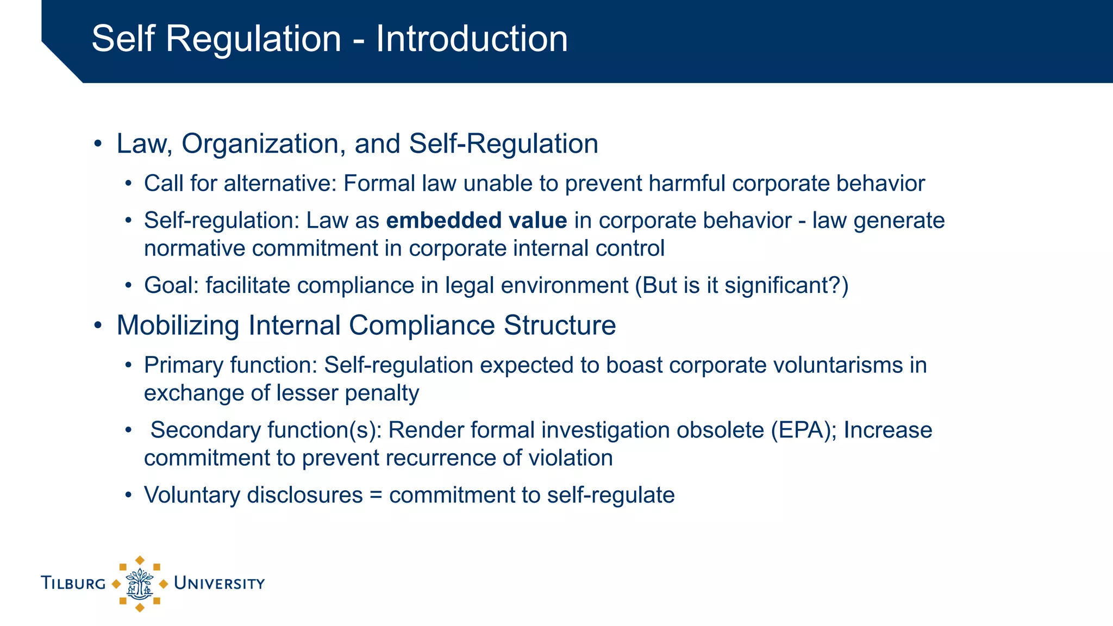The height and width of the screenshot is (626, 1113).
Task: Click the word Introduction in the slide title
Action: [x=472, y=39]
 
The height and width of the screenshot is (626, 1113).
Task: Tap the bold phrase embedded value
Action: [x=477, y=221]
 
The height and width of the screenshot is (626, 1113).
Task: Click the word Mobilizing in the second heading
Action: [x=178, y=325]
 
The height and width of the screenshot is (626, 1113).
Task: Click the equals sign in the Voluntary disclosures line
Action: [x=376, y=495]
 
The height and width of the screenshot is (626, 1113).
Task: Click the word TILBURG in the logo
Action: [x=73, y=584]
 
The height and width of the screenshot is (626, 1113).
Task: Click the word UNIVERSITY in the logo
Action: [x=219, y=584]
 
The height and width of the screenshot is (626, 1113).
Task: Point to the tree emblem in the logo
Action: [x=140, y=584]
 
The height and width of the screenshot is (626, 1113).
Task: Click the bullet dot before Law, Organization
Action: [x=98, y=144]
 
